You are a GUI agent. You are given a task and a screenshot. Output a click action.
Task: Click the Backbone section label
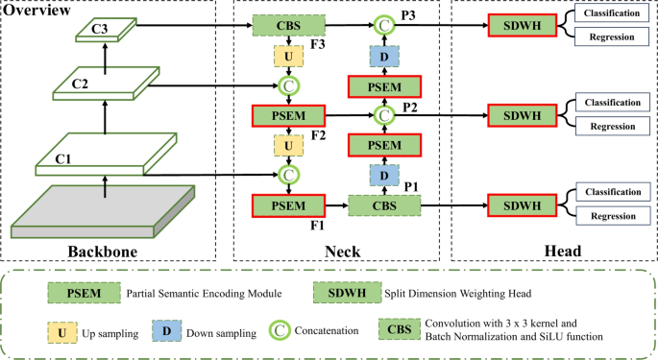coord(105,252)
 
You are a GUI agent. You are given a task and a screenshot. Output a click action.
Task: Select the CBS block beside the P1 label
coord(384,204)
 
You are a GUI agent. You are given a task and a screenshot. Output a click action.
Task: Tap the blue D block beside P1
coord(384,176)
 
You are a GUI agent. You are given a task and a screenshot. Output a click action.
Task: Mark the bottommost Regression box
coord(611,216)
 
